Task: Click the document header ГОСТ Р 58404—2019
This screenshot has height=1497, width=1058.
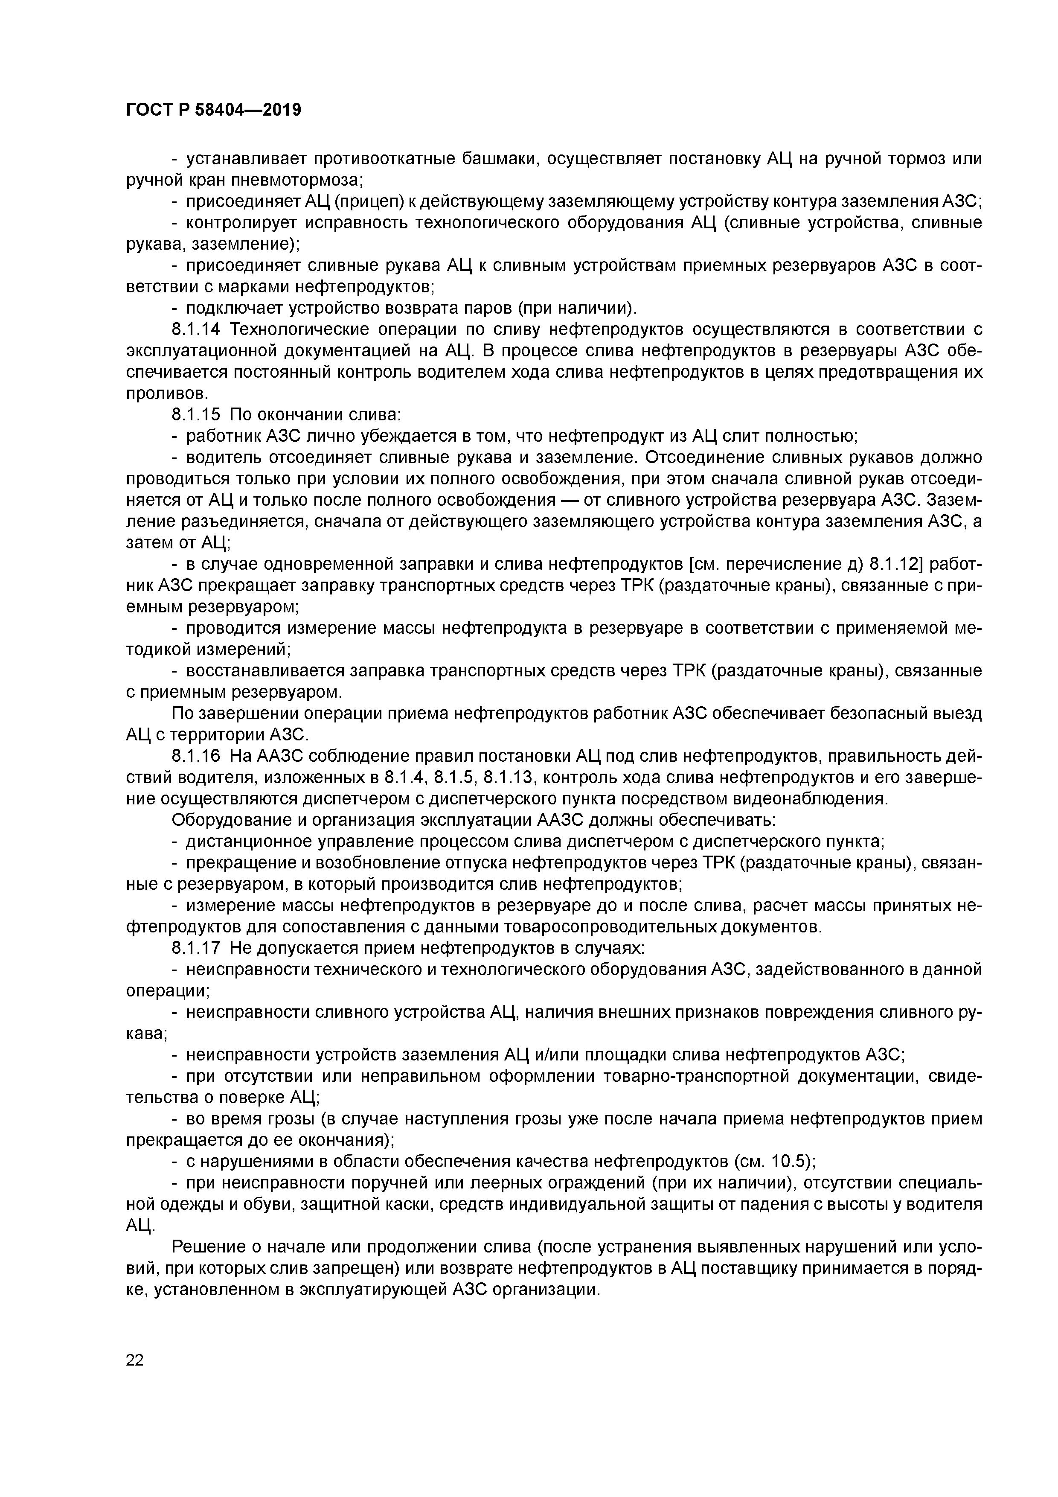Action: [214, 110]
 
